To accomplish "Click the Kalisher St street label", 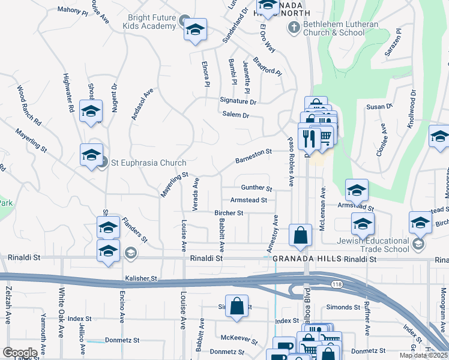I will coord(141,278).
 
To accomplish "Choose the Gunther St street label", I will coord(256,188).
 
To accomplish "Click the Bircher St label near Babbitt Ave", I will coord(229,213).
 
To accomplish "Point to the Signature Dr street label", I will coord(238,101).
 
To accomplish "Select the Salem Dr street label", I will coord(235,115).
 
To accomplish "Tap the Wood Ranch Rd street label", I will coord(28,105).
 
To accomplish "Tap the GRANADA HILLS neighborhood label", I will coord(299,259).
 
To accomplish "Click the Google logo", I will coord(20,352).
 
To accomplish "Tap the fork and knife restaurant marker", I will coord(310,139).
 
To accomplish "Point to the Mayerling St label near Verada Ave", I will coord(174,184).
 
